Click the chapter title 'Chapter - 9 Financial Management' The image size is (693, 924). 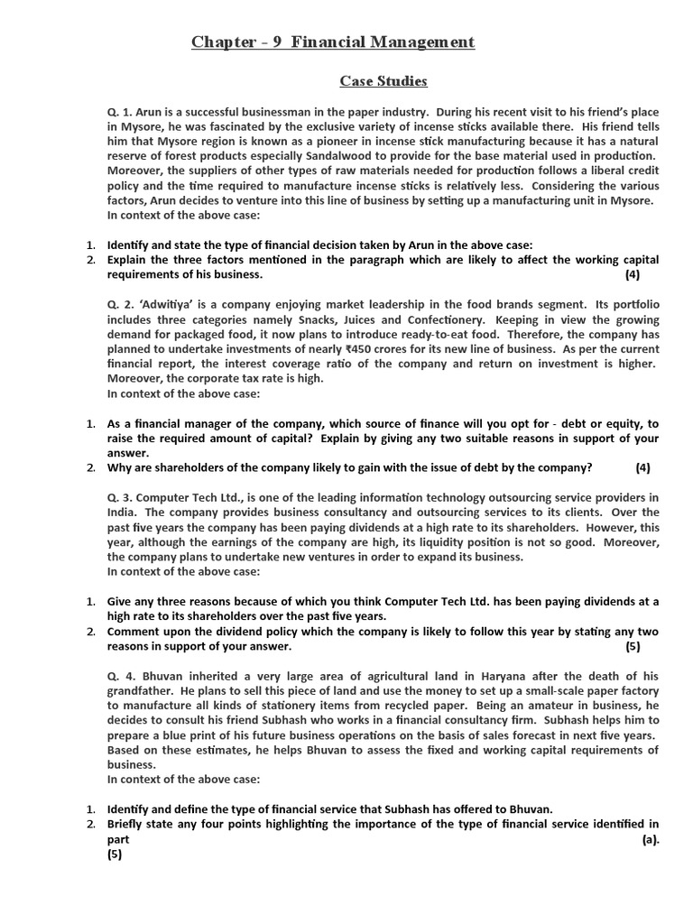[333, 42]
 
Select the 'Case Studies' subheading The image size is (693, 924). [383, 81]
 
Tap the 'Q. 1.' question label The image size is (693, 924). [122, 111]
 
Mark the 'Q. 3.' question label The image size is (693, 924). [122, 497]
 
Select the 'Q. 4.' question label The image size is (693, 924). [122, 676]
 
